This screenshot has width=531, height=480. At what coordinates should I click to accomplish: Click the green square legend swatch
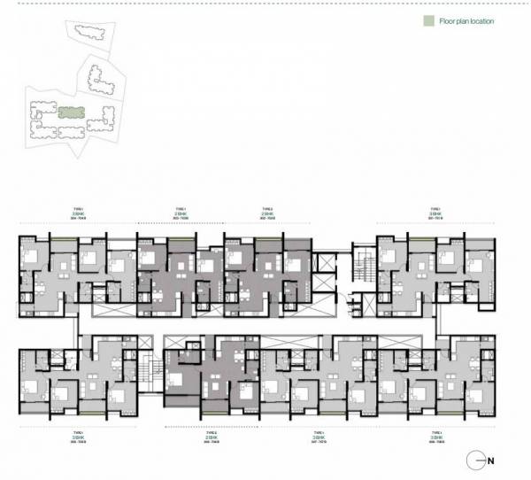[x=427, y=19]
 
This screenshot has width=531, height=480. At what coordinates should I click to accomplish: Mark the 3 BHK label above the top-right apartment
[x=435, y=213]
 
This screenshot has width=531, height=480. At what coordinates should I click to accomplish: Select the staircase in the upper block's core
[x=360, y=266]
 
